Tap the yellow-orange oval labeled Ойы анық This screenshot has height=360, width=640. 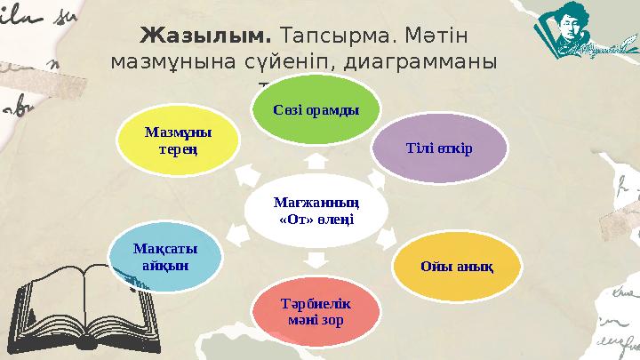point(456,266)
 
